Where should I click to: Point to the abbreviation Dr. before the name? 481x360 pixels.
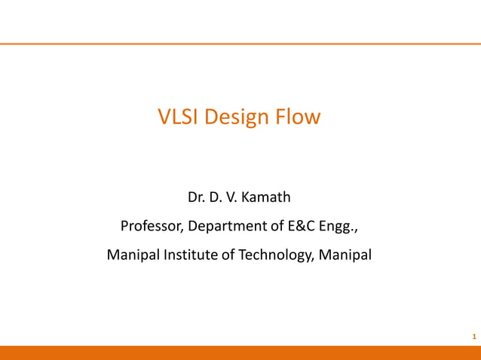click(x=195, y=198)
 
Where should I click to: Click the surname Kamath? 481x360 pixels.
click(x=265, y=198)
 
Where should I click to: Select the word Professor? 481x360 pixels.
click(x=151, y=226)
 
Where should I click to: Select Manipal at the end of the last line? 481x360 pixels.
click(x=345, y=255)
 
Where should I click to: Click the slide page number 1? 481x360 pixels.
click(x=472, y=335)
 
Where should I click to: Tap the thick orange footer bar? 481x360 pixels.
click(x=240, y=352)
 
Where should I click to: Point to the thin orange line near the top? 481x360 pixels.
click(x=240, y=44)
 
